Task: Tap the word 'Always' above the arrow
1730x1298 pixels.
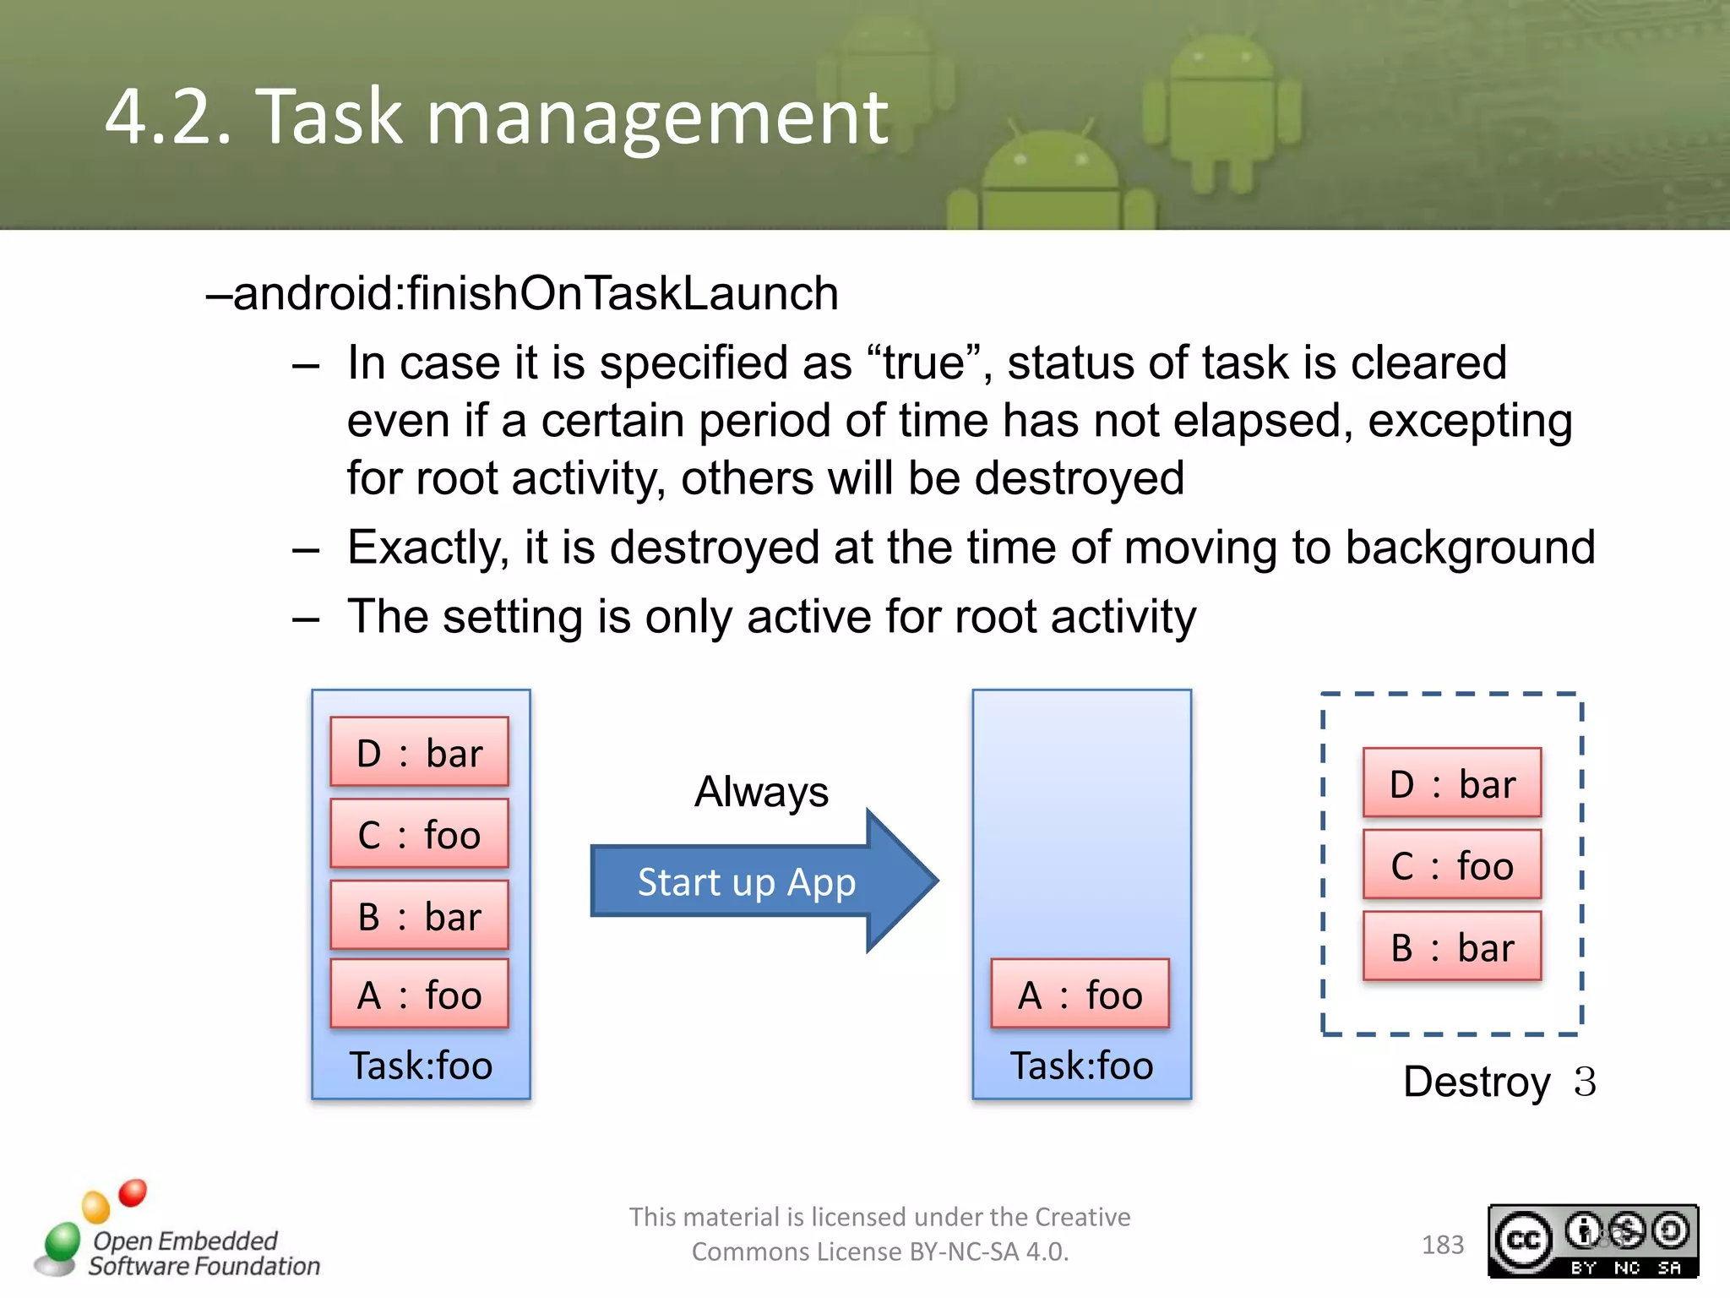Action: point(761,792)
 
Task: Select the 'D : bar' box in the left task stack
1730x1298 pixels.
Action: point(419,752)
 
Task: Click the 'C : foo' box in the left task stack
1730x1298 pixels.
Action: point(419,834)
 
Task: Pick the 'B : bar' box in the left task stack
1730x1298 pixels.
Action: point(419,915)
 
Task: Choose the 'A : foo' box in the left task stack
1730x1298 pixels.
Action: point(419,995)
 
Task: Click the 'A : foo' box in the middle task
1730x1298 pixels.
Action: point(1080,995)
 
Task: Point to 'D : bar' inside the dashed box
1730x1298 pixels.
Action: point(1451,783)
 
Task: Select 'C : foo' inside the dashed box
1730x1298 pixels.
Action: point(1451,865)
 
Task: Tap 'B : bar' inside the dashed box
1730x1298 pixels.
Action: point(1451,946)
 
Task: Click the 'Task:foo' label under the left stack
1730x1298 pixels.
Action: point(421,1066)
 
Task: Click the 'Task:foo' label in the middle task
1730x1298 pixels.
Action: point(1081,1066)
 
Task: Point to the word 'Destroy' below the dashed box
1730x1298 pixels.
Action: point(1477,1082)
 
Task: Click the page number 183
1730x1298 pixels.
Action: point(1442,1245)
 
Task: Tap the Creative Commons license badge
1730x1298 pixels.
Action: point(1592,1241)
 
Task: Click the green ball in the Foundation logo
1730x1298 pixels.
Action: point(62,1241)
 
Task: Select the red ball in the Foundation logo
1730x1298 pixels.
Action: point(133,1192)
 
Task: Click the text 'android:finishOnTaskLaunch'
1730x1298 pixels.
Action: point(536,294)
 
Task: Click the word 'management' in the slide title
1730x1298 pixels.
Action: point(657,117)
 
